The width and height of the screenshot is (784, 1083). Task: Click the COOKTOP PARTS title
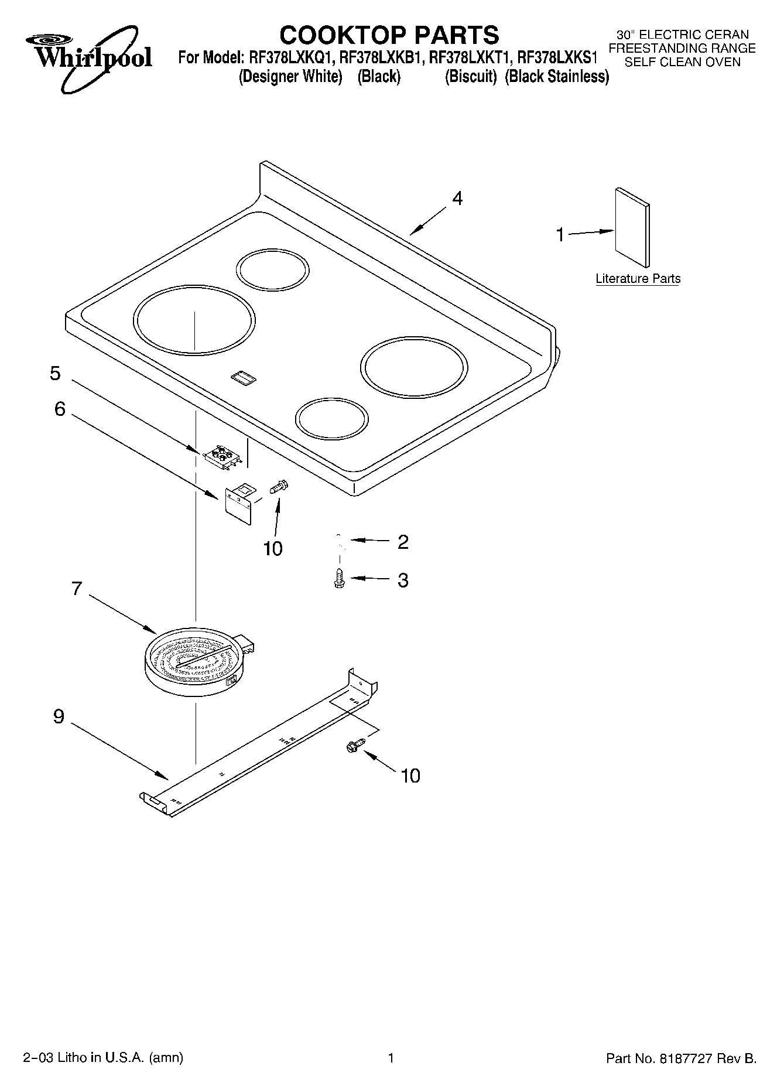pyautogui.click(x=389, y=35)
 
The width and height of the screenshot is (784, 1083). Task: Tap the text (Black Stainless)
pyautogui.click(x=556, y=77)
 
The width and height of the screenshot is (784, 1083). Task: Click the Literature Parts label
pyautogui.click(x=638, y=279)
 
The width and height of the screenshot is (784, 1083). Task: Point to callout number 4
pyautogui.click(x=457, y=199)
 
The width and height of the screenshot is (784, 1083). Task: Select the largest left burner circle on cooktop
pyautogui.click(x=194, y=320)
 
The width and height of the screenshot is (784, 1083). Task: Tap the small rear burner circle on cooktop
pyautogui.click(x=272, y=269)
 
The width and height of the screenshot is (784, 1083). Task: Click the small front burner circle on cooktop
pyautogui.click(x=332, y=419)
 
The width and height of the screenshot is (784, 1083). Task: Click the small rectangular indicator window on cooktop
pyautogui.click(x=244, y=378)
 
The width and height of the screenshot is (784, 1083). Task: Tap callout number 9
pyautogui.click(x=59, y=716)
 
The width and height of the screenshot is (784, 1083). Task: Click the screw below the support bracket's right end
pyautogui.click(x=354, y=745)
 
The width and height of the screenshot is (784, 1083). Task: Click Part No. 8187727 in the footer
pyautogui.click(x=681, y=1058)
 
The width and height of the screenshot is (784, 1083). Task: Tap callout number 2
pyautogui.click(x=403, y=542)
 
